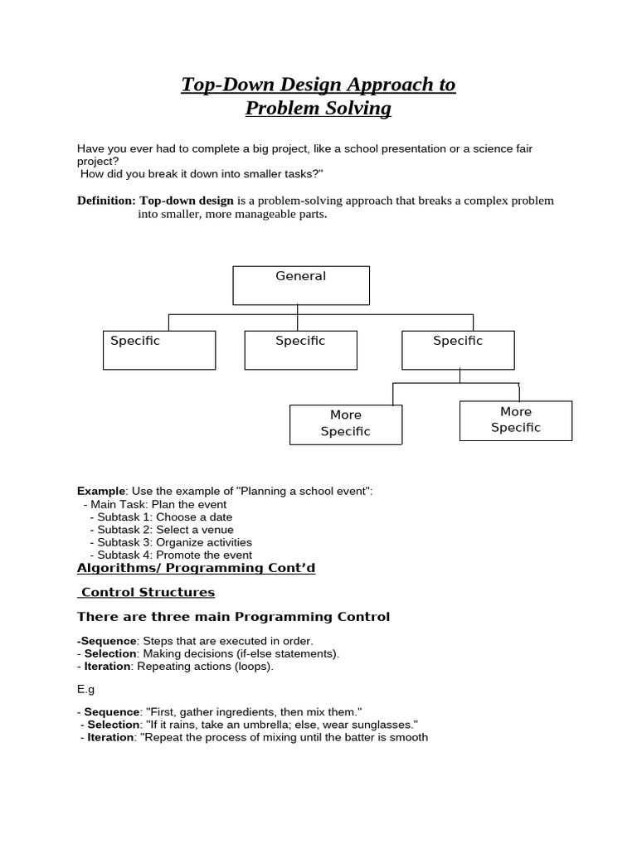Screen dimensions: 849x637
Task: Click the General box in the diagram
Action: [300, 285]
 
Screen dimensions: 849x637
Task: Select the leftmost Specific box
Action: [159, 350]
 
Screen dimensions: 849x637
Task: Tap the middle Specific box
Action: [300, 350]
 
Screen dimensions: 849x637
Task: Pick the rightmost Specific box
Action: [458, 350]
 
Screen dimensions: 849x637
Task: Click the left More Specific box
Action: [346, 424]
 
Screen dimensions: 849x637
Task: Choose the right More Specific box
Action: [515, 420]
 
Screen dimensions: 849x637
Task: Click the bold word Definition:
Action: [106, 201]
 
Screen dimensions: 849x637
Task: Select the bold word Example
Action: [101, 491]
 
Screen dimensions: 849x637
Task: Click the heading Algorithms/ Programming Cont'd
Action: [196, 568]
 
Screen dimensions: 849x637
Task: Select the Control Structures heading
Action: [147, 592]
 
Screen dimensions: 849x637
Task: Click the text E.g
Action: [86, 688]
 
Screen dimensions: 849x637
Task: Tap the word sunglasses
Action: [381, 724]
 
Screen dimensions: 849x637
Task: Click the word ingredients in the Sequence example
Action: [244, 711]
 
